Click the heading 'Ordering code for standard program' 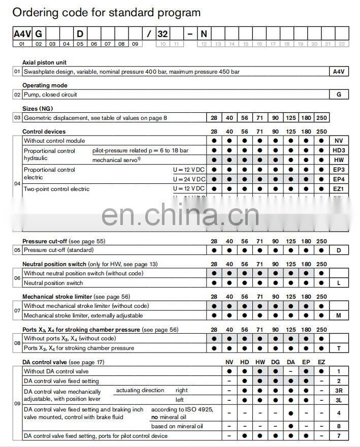pos(107,13)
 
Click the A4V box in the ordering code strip pos(22,34)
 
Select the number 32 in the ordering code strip pos(162,34)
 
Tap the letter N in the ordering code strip pos(204,34)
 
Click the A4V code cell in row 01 pos(339,72)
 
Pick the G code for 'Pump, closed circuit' pos(339,94)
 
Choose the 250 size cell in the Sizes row pos(321,118)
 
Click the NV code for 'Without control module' pos(339,141)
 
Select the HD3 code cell pos(339,150)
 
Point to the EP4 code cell pos(339,179)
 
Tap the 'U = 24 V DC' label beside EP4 pos(189,179)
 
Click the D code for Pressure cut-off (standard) pos(339,250)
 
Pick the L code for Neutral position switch pos(339,283)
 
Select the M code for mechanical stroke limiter pos(339,315)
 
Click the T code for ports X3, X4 pos(339,348)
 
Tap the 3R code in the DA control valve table pos(339,391)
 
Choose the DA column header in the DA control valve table pos(290,362)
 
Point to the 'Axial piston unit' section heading pos(45,62)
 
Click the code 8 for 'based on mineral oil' pos(339,426)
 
